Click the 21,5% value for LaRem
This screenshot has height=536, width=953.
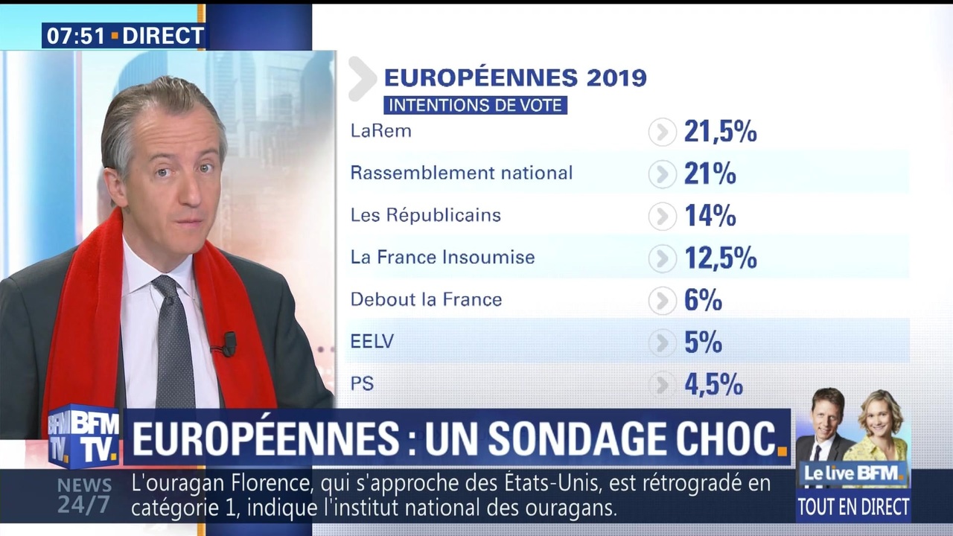720,132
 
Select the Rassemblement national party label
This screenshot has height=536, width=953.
462,173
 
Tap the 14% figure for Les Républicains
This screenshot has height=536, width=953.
710,216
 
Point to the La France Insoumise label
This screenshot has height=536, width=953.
442,258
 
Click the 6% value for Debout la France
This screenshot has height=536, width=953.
703,300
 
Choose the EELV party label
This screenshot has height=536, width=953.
372,342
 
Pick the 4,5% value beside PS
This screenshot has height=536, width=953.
713,384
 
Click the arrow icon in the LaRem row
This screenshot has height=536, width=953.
662,133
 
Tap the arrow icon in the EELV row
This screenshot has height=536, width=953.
662,342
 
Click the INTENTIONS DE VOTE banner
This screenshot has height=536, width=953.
475,105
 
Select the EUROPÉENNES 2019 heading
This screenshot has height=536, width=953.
515,77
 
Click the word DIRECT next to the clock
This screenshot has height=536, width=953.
162,36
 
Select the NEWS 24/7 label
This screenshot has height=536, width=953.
83,496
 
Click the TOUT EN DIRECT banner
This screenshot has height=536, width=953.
853,507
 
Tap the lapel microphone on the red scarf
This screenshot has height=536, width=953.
227,344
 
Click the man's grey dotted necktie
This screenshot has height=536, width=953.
173,342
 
